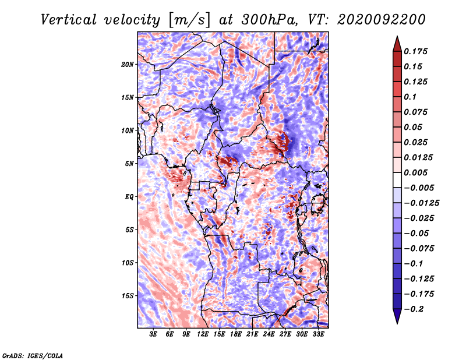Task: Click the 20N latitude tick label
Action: [x=127, y=65]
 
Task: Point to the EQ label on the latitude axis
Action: [x=129, y=197]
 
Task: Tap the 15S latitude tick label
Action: [x=127, y=296]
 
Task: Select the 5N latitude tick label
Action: [x=129, y=164]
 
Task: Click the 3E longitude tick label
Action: [x=153, y=334]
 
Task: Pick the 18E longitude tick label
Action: [x=236, y=334]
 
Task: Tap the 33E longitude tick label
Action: [x=318, y=334]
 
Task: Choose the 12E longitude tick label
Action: [x=203, y=334]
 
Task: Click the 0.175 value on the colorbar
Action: [x=415, y=51]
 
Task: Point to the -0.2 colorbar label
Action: [x=414, y=309]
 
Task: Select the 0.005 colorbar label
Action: [x=415, y=172]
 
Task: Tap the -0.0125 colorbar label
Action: [x=421, y=203]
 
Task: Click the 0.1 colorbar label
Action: [x=410, y=97]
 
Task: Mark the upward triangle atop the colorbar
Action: [x=397, y=44]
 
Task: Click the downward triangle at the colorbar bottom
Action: [x=397, y=316]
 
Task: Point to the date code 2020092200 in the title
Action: [x=382, y=20]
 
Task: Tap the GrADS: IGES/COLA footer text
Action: [x=33, y=355]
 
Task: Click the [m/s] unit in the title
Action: [x=189, y=20]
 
